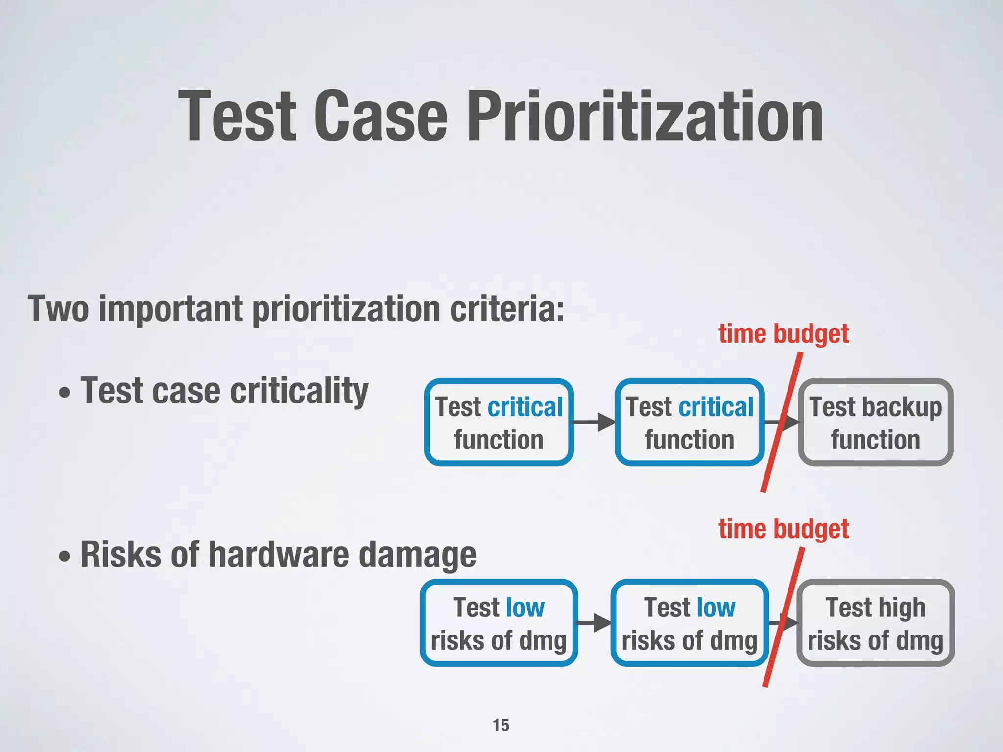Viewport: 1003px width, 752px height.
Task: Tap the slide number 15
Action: [501, 725]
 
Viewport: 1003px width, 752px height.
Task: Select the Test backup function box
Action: [875, 422]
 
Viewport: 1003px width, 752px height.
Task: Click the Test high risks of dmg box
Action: [875, 623]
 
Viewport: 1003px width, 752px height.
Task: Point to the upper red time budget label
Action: [783, 334]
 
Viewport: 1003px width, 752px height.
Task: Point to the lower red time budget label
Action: [783, 529]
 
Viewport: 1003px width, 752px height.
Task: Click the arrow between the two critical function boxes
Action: [594, 422]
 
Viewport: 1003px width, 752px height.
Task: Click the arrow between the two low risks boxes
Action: [594, 623]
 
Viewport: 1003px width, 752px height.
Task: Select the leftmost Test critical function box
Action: [499, 422]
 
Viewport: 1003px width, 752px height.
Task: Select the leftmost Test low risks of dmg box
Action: [499, 623]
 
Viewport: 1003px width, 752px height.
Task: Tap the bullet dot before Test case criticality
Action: [64, 393]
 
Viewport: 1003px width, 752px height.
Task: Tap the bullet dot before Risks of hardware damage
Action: [64, 557]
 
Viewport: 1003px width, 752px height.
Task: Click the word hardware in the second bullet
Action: [279, 555]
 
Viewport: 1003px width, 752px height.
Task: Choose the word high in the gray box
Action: [901, 608]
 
